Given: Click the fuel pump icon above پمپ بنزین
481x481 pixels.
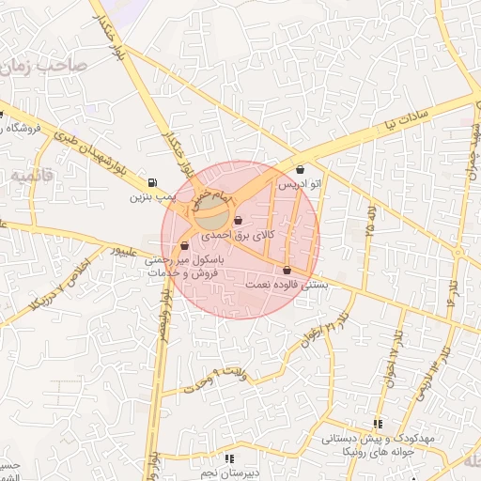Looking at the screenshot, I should click(153, 182).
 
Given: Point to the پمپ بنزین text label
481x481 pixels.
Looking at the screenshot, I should click(152, 197).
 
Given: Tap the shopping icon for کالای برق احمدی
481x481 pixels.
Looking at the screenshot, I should click(250, 222).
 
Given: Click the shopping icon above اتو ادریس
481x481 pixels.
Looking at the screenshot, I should click(300, 171).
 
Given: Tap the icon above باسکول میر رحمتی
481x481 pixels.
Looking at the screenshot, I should click(183, 246).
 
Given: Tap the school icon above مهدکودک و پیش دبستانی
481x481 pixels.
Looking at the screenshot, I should click(378, 425).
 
